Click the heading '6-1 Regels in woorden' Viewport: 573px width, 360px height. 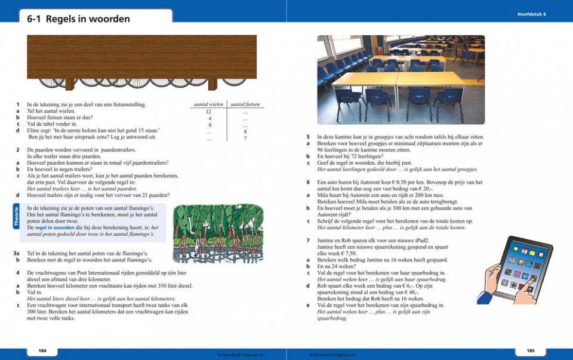click(78, 19)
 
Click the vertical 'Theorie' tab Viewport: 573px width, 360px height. click(16, 216)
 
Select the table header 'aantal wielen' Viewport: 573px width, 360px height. click(208, 104)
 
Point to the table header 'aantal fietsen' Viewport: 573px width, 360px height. click(245, 104)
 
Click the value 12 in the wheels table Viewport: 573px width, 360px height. click(208, 112)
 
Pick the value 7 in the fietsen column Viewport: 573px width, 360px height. click(245, 139)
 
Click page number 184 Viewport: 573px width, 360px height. click(42, 349)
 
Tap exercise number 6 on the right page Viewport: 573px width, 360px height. click(307, 181)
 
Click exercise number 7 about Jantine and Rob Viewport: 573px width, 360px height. click(307, 240)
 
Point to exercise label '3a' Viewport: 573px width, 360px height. click(17, 254)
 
